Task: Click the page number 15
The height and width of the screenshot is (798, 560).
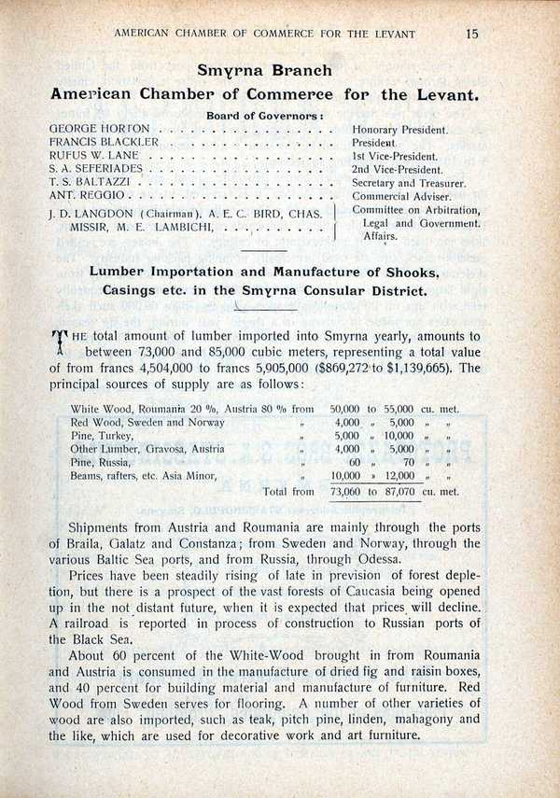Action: pos(471,34)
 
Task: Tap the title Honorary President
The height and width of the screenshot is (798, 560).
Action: pos(400,129)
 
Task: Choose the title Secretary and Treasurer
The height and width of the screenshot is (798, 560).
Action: pos(409,183)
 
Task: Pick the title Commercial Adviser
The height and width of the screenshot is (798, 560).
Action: pos(401,197)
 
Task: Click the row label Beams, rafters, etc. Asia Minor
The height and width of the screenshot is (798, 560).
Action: pos(144,475)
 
